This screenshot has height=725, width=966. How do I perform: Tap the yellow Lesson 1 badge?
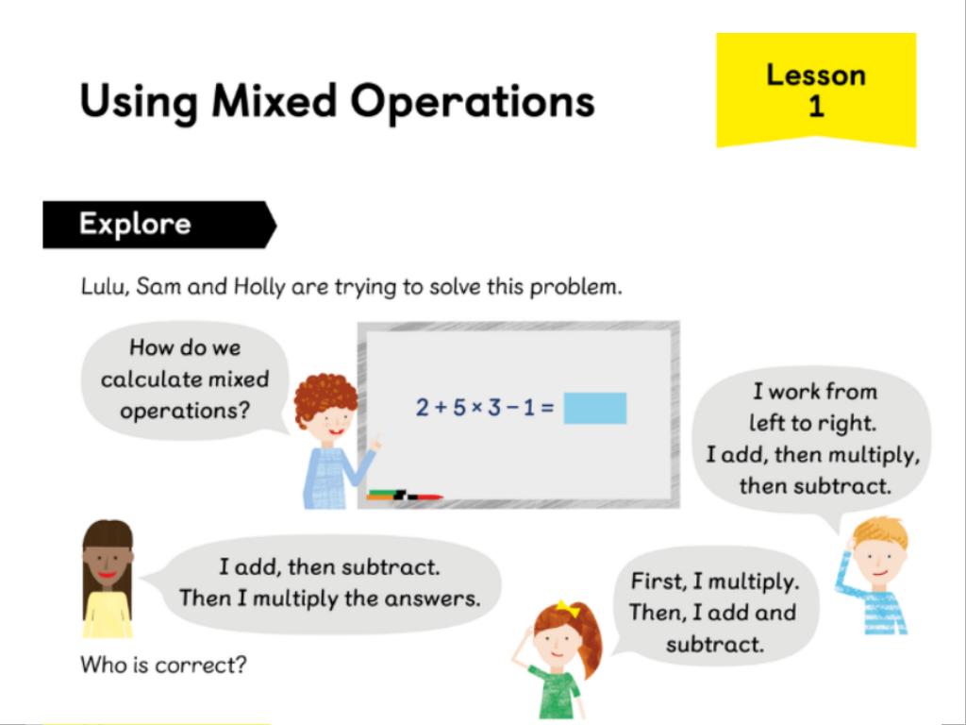click(816, 90)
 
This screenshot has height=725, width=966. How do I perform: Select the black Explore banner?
click(159, 225)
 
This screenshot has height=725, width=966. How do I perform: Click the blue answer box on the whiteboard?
click(595, 408)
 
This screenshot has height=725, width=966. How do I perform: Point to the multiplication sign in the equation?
click(476, 408)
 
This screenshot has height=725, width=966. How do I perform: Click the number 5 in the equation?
click(459, 408)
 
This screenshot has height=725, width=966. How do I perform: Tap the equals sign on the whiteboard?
click(547, 408)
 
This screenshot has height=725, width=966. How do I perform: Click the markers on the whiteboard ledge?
click(405, 495)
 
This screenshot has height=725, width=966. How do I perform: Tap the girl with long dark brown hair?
click(108, 579)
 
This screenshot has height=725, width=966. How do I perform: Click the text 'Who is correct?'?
click(163, 665)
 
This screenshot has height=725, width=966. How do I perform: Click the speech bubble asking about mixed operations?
click(185, 379)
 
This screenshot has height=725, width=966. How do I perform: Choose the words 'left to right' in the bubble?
click(812, 423)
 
